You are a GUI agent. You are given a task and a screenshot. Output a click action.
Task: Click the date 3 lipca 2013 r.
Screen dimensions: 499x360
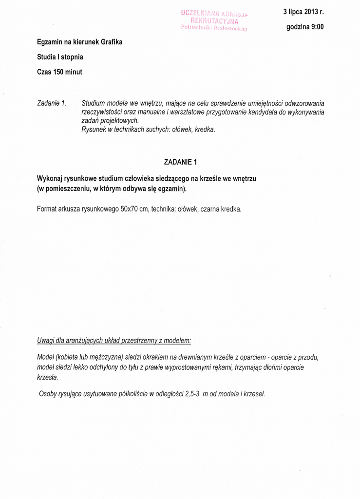303,12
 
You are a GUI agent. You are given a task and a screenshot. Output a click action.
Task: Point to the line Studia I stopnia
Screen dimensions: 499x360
60,57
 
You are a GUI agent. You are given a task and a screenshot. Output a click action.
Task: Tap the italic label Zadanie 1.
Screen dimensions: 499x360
52,103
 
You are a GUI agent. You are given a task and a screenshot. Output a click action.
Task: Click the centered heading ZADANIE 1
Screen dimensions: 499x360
180,162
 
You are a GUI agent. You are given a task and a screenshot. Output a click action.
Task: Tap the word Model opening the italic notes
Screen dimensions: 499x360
46,357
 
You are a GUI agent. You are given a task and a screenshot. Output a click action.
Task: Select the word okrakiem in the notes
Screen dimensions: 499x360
152,357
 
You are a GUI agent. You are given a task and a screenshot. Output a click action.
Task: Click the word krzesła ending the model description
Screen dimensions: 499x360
48,378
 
